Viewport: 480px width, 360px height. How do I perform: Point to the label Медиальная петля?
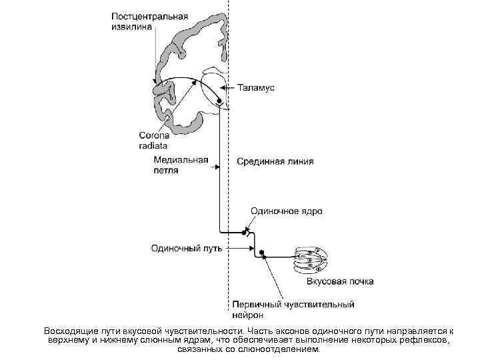(x=181, y=165)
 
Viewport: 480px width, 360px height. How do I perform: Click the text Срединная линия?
(x=275, y=161)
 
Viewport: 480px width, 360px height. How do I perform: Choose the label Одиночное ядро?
(x=287, y=211)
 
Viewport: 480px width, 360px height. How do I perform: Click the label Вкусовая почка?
(x=340, y=281)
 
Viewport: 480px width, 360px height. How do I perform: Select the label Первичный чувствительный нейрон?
(x=294, y=309)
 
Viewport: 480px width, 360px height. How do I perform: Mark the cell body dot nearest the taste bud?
(x=263, y=253)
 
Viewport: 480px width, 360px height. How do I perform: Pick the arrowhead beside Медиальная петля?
(x=216, y=169)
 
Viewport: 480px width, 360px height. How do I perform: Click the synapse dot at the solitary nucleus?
(x=244, y=233)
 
